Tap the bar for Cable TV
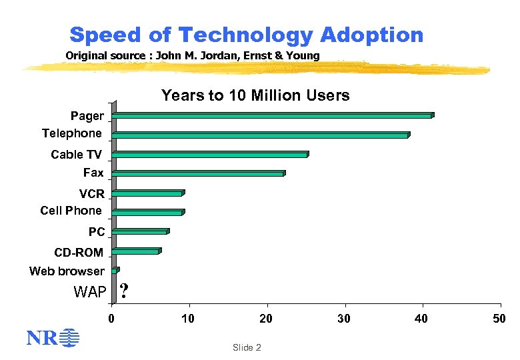tap(210, 155)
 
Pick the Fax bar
tap(199, 174)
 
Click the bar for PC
tap(141, 232)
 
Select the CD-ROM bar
tap(137, 251)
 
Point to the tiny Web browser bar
tap(115, 271)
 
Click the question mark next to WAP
tap(125, 291)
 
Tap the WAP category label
tap(89, 291)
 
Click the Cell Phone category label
tap(71, 211)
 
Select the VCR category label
tap(92, 194)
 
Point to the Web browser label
tap(67, 271)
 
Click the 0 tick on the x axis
tap(112, 319)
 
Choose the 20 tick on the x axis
tap(266, 319)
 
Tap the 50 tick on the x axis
tap(499, 319)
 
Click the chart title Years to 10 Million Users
tap(255, 96)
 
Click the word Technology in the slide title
tap(245, 35)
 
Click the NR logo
tap(52, 339)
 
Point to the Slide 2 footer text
tap(247, 348)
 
